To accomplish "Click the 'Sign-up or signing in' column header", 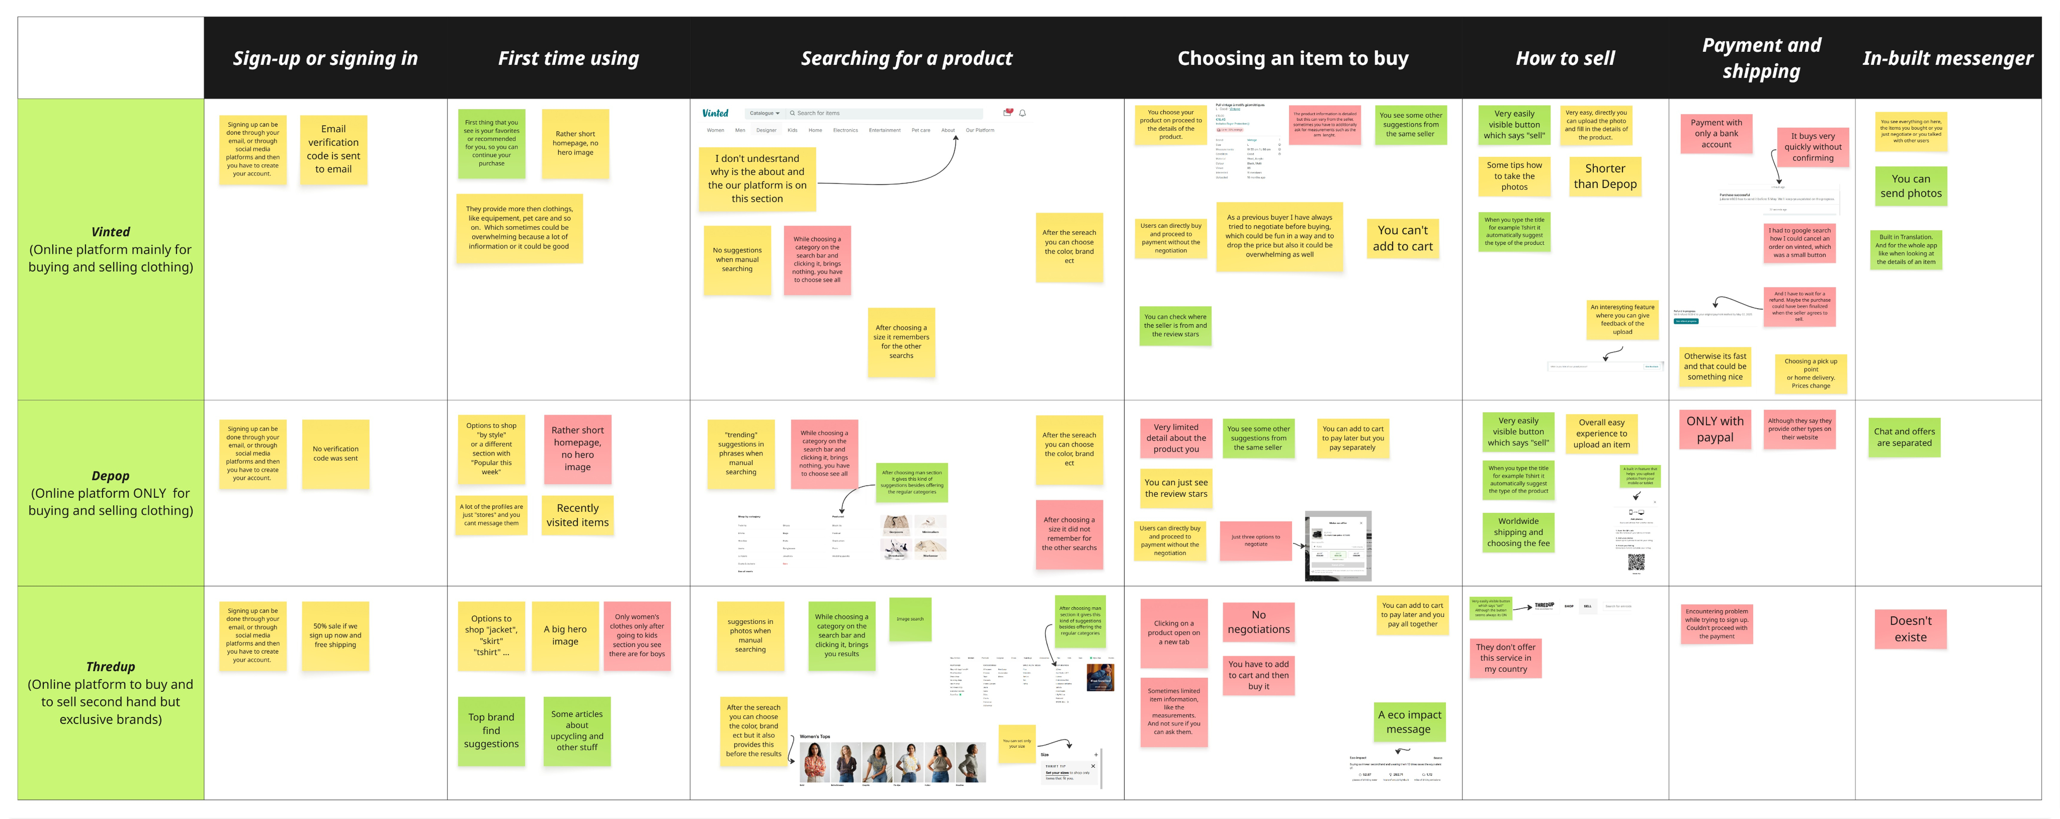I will click(x=325, y=58).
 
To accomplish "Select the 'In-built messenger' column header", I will click(x=1947, y=58).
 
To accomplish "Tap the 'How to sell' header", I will click(x=1565, y=58).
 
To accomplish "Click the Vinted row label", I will click(x=110, y=249).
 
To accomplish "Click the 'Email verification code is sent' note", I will click(x=333, y=149).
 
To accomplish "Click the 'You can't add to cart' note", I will click(x=1403, y=238).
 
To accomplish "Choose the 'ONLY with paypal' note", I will click(x=1714, y=429).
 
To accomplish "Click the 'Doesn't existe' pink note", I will click(x=1911, y=628).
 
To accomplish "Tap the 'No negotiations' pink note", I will click(x=1259, y=622).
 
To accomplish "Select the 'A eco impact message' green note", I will click(x=1409, y=721).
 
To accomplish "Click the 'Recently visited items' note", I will click(x=577, y=515).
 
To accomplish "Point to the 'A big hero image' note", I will click(x=565, y=636).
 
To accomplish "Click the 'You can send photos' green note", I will click(x=1911, y=187).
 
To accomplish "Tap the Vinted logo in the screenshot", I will click(x=715, y=114).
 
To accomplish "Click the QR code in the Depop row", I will click(x=1636, y=562).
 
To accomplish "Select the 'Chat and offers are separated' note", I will click(x=1904, y=437).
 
